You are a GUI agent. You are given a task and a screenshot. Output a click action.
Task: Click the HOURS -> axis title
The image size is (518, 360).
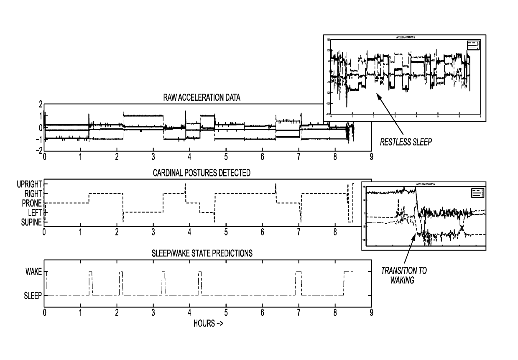point(208,323)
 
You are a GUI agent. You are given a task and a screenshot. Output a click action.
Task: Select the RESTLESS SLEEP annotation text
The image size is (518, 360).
point(406,142)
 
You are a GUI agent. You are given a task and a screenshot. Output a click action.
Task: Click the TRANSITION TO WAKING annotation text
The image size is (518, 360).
point(403,275)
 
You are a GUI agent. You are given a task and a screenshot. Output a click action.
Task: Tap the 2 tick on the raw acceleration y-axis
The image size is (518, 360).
point(41,104)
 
